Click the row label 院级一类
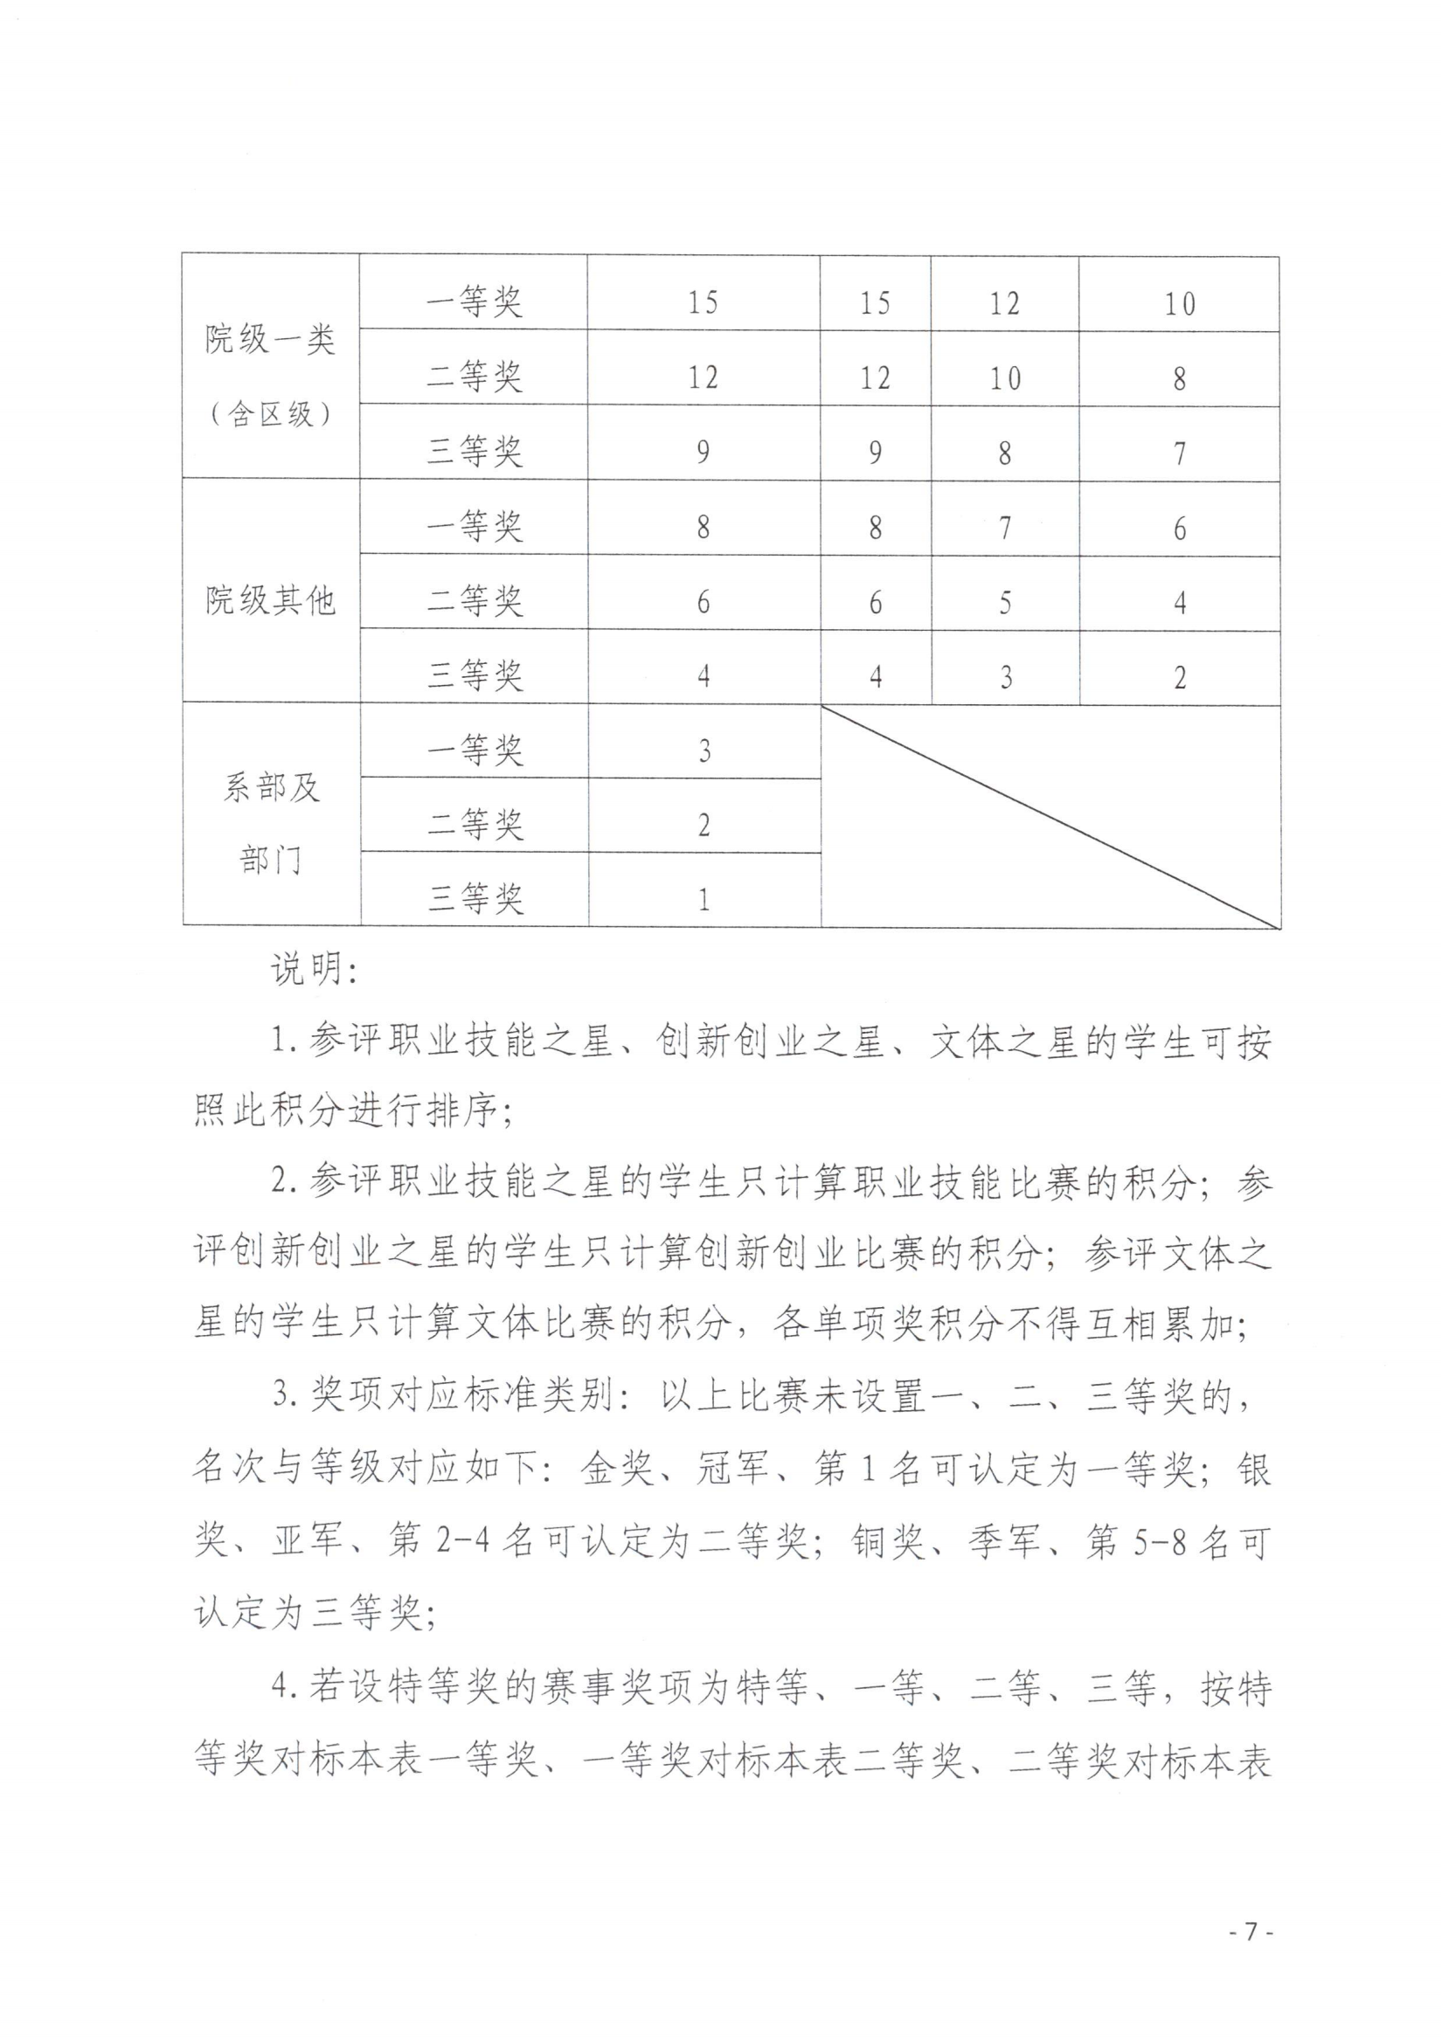(270, 339)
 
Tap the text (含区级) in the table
(270, 413)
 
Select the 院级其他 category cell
(270, 601)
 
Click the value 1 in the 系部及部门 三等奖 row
(704, 900)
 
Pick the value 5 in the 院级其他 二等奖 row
(1005, 603)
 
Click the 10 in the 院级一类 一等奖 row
(1179, 304)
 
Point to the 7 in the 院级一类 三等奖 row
(1179, 453)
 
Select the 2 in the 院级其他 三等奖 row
(1179, 677)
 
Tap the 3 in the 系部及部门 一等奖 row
(704, 751)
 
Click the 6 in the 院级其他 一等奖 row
(1179, 528)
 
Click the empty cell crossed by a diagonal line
(1050, 816)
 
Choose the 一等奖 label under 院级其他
(474, 526)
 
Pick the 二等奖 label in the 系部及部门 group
(474, 824)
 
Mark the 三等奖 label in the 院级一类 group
(474, 452)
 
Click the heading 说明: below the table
(313, 969)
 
